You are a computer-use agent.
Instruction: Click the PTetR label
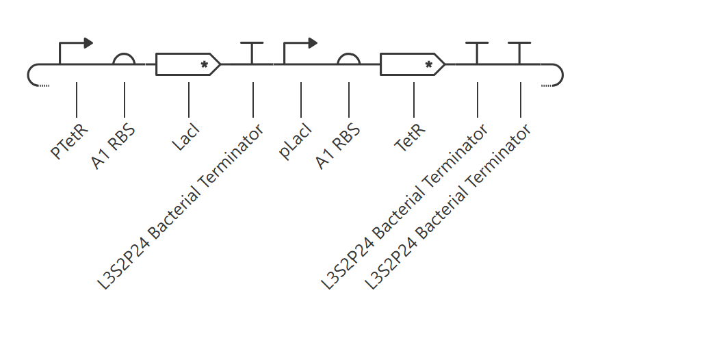coord(70,142)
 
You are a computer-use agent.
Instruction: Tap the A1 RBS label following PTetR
coord(114,146)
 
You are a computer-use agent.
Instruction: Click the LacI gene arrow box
coord(188,64)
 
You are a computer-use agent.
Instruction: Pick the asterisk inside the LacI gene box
coord(205,64)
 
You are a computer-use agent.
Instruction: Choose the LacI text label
coord(186,137)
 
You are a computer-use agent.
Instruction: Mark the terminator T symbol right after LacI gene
coord(252,53)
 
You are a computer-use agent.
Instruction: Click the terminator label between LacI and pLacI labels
coord(180,207)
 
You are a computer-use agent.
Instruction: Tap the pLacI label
coord(295,142)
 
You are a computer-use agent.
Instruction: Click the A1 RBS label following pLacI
coord(338,146)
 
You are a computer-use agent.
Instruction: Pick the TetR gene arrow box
coord(413,64)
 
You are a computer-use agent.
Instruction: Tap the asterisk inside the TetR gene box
coord(429,64)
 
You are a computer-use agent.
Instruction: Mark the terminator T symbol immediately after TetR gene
coord(478,53)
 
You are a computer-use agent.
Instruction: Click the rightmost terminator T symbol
coord(519,53)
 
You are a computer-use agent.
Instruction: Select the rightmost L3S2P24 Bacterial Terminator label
coord(447,207)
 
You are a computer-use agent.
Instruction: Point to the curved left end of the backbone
coord(28,75)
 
